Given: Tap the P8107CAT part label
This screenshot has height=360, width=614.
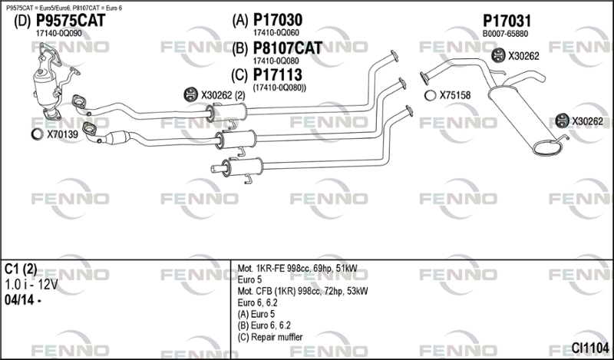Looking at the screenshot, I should (287, 48).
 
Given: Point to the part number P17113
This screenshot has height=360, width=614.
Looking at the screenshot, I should (277, 74).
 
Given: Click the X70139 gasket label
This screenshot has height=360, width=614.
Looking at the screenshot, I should (62, 135).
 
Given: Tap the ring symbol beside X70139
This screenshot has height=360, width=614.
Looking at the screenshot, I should (36, 135).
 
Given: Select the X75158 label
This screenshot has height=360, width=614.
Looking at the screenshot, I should (454, 96).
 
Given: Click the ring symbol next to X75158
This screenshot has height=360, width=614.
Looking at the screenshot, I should (429, 96).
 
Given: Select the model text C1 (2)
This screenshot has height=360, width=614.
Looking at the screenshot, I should (21, 269).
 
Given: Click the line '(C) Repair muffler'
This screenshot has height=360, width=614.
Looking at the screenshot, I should (271, 336).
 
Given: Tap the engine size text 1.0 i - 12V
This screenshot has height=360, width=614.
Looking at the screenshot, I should (31, 284).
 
